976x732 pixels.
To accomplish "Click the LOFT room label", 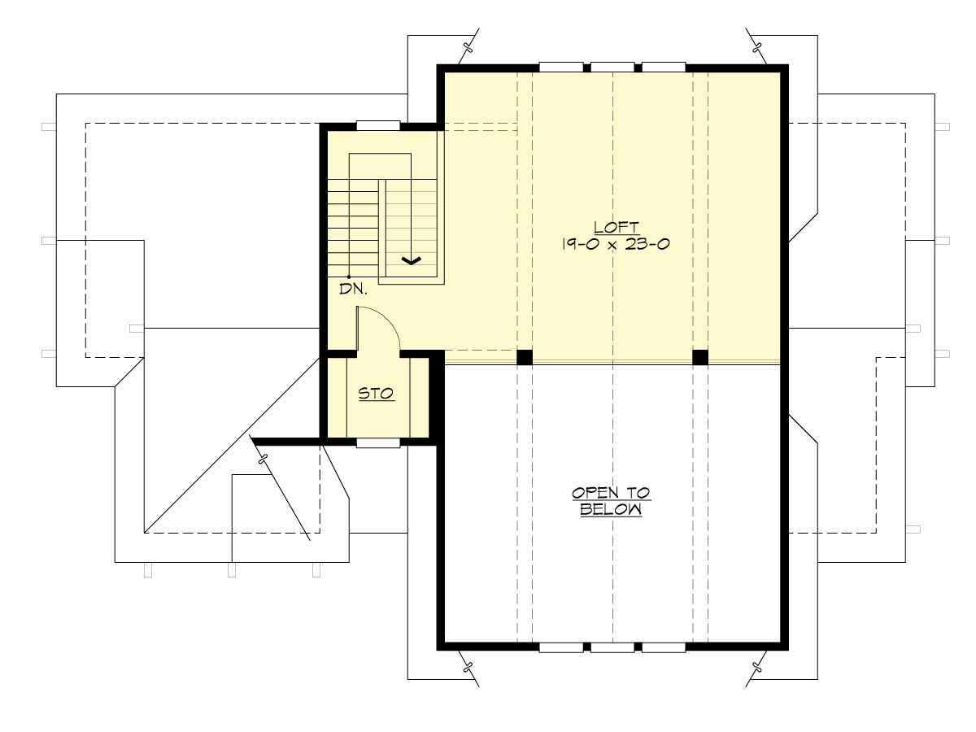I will [x=615, y=227].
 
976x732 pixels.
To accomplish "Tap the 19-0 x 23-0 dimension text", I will [x=615, y=244].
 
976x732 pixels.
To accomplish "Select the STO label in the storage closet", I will [x=377, y=394].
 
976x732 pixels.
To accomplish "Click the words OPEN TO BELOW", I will [x=611, y=501].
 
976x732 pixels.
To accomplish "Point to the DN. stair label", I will [x=355, y=288].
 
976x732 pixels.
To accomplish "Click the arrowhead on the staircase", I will [x=412, y=260].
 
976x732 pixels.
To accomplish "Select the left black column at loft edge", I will [x=525, y=356].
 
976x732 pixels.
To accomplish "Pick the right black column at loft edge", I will [x=699, y=356].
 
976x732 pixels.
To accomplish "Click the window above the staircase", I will [x=378, y=125].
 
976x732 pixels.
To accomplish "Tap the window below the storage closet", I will [x=378, y=443].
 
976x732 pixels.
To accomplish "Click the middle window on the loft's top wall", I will [x=612, y=67].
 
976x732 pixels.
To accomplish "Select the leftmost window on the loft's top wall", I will [x=560, y=67].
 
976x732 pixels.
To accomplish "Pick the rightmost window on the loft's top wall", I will [x=664, y=67].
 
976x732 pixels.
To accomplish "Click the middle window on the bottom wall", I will [x=612, y=648].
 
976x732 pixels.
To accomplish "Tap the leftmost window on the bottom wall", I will [x=560, y=648].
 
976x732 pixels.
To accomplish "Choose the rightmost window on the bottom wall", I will [x=664, y=648].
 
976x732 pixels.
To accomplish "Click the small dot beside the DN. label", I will [x=349, y=277].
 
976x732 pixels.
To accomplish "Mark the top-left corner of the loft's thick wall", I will [x=441, y=68].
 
